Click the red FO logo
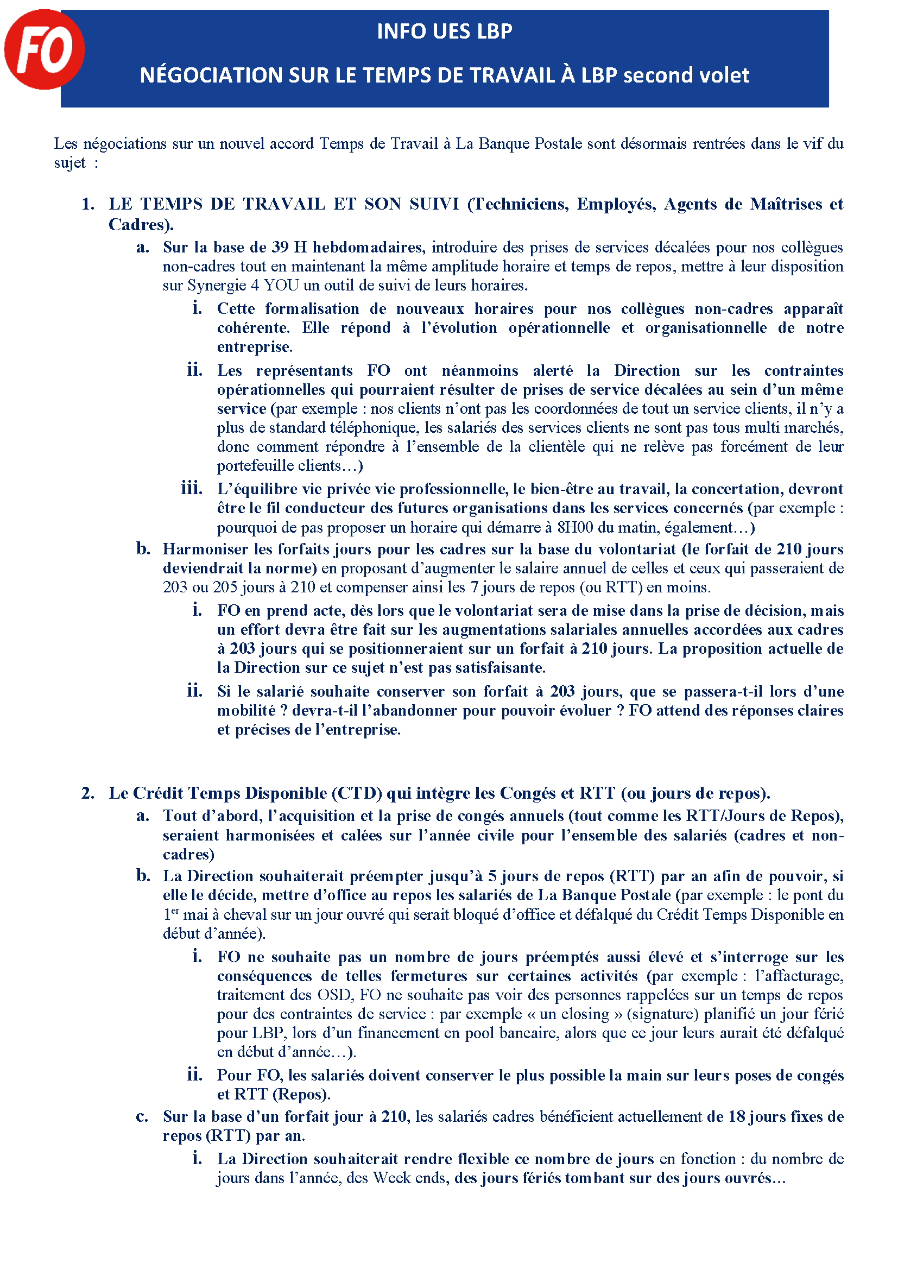(x=44, y=49)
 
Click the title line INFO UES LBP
(x=444, y=31)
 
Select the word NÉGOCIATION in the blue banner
(x=211, y=75)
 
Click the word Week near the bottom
(x=392, y=1178)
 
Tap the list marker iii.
(x=192, y=489)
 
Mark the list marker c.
(x=142, y=1117)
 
